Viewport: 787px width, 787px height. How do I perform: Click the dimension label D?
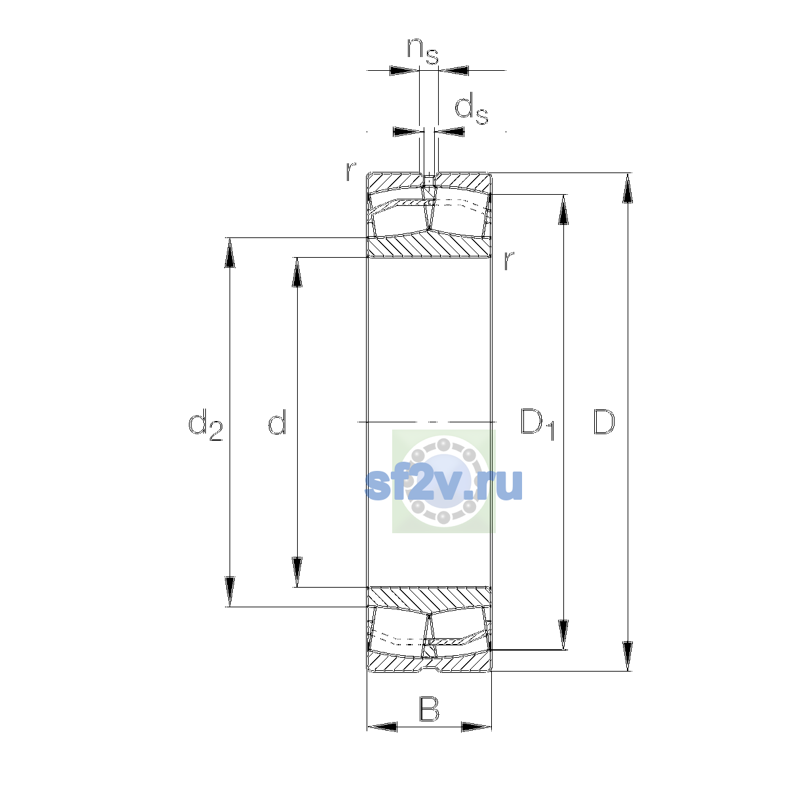[603, 422]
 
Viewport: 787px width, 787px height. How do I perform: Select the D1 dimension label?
[537, 424]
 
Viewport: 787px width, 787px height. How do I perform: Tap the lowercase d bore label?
[277, 421]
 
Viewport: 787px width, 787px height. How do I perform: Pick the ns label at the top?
[423, 52]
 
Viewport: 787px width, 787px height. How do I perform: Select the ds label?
[472, 108]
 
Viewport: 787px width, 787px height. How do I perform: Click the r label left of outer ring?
[351, 171]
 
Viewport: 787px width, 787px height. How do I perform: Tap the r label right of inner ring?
[508, 261]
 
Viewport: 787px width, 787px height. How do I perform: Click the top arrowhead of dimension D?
[628, 188]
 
